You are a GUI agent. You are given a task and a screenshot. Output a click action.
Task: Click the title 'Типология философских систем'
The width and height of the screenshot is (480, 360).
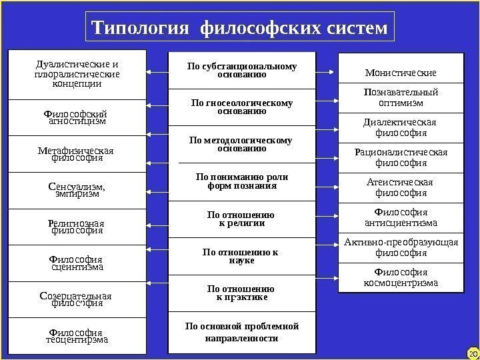click(239, 29)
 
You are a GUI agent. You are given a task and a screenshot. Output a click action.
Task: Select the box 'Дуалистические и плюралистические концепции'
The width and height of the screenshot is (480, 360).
click(76, 75)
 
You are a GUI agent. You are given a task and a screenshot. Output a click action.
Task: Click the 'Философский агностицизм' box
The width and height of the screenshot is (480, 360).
click(76, 118)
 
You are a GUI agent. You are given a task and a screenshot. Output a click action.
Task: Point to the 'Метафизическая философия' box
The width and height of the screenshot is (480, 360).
click(76, 155)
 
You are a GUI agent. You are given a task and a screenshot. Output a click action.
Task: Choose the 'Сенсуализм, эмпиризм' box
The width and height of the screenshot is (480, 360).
click(76, 191)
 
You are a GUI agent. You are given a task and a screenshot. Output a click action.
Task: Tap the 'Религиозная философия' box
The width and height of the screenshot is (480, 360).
click(76, 227)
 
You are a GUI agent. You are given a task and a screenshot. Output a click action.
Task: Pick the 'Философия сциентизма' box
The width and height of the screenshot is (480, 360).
click(76, 263)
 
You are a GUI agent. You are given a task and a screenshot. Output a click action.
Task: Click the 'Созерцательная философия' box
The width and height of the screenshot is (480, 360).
click(76, 299)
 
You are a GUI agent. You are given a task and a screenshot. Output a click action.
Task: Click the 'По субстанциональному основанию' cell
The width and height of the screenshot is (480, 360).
click(242, 71)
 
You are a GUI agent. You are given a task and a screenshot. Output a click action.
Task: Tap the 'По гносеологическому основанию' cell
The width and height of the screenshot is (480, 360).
click(242, 107)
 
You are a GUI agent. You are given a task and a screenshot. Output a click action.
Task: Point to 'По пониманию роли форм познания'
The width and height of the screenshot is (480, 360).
click(242, 181)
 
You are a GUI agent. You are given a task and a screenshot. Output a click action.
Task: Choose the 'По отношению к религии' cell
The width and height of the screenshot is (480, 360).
click(242, 219)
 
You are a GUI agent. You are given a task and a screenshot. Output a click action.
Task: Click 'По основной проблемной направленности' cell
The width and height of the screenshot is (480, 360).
click(242, 332)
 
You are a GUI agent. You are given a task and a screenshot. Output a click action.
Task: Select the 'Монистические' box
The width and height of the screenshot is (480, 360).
click(401, 71)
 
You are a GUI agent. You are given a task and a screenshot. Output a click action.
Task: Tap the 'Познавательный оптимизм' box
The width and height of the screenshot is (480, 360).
click(401, 98)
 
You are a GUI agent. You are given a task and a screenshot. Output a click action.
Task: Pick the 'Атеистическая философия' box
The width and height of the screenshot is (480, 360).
click(401, 188)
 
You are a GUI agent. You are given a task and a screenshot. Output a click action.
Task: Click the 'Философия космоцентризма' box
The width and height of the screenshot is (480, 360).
click(401, 278)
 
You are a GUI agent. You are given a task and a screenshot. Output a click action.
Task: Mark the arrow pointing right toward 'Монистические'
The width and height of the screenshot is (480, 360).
click(327, 71)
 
